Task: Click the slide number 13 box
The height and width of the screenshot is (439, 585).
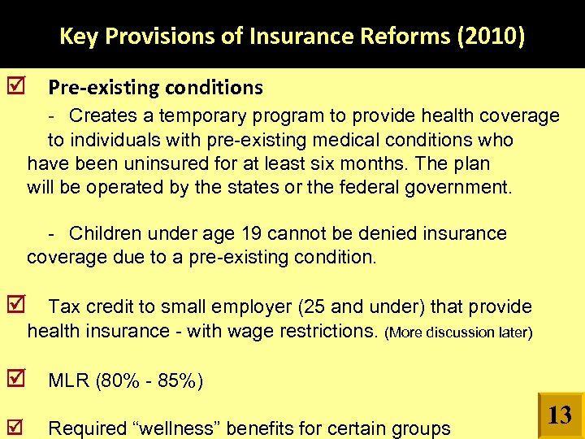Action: point(560,416)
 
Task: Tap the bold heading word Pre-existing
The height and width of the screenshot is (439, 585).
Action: point(98,87)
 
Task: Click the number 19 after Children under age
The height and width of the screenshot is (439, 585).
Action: point(251,234)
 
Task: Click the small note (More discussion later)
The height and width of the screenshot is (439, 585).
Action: point(458,333)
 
